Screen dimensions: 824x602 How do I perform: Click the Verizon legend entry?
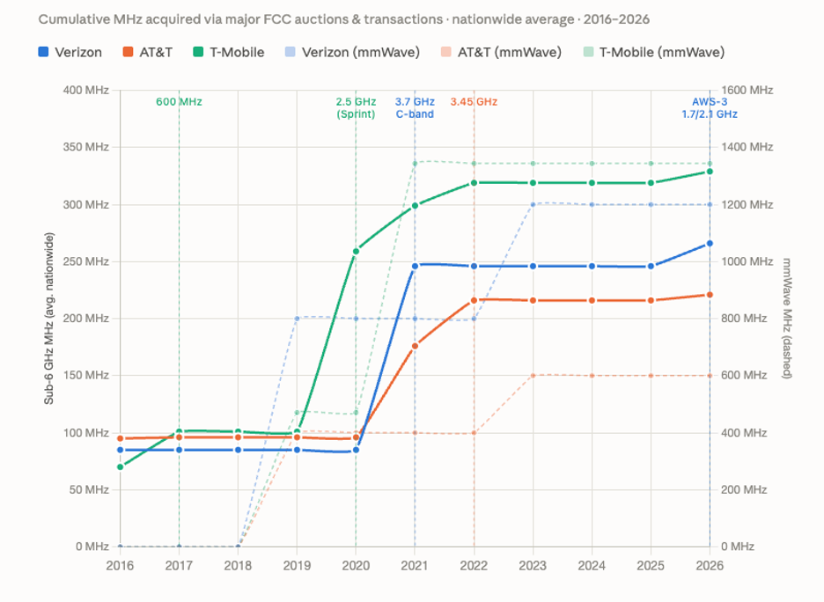70,52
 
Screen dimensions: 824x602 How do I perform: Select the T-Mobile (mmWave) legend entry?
654,52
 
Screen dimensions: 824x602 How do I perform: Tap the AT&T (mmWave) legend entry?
501,52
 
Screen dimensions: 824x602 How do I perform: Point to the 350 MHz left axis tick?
86,147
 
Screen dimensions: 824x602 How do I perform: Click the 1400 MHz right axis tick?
747,147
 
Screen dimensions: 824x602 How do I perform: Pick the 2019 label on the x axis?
297,566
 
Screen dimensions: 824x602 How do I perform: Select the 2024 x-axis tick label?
592,566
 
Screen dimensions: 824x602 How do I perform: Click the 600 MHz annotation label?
180,102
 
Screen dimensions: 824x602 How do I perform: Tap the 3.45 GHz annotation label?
474,102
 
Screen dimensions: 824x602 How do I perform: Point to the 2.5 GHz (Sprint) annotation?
356,107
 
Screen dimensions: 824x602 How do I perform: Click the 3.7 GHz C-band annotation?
415,107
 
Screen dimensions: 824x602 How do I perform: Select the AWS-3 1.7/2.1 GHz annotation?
710,107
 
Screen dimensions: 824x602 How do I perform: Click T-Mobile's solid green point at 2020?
356,252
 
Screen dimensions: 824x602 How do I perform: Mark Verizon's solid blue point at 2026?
710,244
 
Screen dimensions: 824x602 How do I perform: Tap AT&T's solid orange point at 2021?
415,346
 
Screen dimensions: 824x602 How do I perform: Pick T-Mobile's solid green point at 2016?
121,467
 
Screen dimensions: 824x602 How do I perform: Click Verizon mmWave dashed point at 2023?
533,205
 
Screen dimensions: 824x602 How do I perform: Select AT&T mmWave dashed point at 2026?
710,376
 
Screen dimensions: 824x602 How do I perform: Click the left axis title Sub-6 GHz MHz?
49,319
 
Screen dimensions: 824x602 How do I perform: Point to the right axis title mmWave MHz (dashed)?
787,319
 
